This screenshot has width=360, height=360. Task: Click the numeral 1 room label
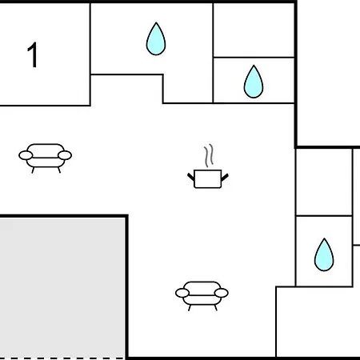pyautogui.click(x=32, y=54)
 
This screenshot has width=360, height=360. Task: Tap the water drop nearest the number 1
pyautogui.click(x=156, y=39)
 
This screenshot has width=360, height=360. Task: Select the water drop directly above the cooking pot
pyautogui.click(x=254, y=82)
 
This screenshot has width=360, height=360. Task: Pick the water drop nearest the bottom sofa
pyautogui.click(x=324, y=255)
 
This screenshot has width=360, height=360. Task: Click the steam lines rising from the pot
pyautogui.click(x=209, y=155)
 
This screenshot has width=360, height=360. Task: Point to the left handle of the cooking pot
pyautogui.click(x=191, y=177)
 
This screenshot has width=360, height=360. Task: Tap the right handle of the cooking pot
pyautogui.click(x=225, y=177)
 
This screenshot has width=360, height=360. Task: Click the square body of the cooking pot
pyautogui.click(x=208, y=179)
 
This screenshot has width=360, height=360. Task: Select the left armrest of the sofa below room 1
pyautogui.click(x=26, y=155)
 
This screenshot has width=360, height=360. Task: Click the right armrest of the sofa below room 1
pyautogui.click(x=65, y=155)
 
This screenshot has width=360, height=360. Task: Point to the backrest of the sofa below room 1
pyautogui.click(x=46, y=150)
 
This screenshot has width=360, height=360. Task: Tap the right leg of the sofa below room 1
pyautogui.click(x=59, y=170)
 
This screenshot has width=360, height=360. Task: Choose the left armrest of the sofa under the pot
pyautogui.click(x=182, y=293)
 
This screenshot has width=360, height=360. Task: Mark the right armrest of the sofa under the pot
pyautogui.click(x=222, y=293)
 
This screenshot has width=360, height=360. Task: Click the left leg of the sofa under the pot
pyautogui.click(x=190, y=308)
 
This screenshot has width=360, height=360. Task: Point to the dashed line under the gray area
pyautogui.click(x=62, y=358)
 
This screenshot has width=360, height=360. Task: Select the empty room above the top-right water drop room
pyautogui.click(x=254, y=30)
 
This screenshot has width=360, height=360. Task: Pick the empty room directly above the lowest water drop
pyautogui.click(x=324, y=182)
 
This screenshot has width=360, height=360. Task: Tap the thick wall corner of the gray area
pyautogui.click(x=127, y=216)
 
